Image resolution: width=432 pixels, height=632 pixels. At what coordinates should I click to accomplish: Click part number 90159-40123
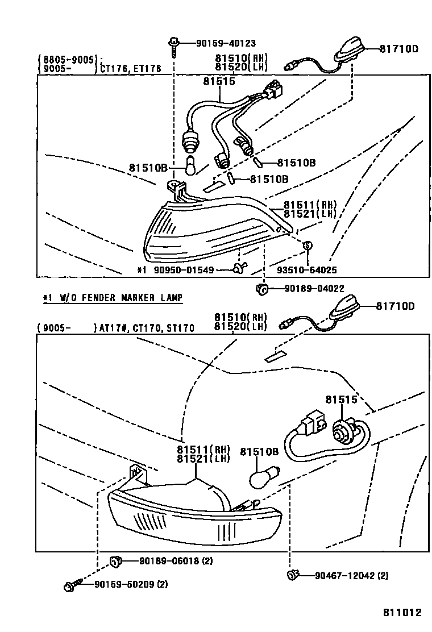coord(226,43)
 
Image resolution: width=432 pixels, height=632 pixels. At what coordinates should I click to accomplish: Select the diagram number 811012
coord(402,613)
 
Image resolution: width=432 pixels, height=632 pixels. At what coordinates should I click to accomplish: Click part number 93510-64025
coord(308,270)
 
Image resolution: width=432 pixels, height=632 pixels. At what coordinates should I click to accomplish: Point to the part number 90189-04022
coord(314,289)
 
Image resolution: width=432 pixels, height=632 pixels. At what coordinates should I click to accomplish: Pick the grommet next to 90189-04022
coord(262,289)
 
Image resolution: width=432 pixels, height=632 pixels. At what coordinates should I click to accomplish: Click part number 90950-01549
coord(184,270)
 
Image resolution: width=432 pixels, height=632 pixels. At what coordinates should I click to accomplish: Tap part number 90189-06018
coord(168,561)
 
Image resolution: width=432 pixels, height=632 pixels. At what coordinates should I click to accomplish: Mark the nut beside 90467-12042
coord(293,575)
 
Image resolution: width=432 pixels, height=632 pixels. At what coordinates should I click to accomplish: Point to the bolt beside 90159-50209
coord(71,584)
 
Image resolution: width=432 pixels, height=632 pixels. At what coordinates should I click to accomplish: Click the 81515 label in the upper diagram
coord(219,82)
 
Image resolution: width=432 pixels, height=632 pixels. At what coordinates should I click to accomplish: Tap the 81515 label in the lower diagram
coord(341,400)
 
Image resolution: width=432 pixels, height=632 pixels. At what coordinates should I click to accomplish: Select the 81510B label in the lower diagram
coord(259,452)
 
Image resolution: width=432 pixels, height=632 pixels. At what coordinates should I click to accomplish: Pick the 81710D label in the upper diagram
coord(399,49)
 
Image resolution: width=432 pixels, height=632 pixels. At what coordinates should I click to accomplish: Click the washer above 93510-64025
coord(308,246)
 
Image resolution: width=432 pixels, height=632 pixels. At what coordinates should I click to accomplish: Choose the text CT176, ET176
coord(131,69)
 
